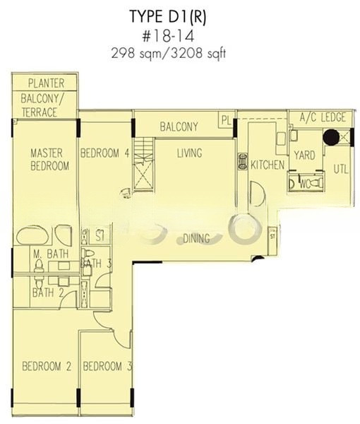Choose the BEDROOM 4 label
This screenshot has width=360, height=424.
click(x=104, y=153)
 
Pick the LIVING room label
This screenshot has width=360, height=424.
click(x=189, y=153)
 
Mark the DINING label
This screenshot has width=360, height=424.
click(x=196, y=239)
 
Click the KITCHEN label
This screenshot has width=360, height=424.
click(x=268, y=165)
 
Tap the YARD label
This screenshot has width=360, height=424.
click(x=304, y=155)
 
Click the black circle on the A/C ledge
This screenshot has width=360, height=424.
click(x=331, y=136)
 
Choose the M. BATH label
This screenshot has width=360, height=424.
click(x=45, y=254)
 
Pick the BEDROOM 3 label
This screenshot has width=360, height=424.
click(x=107, y=366)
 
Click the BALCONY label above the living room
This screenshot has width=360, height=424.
click(x=179, y=127)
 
